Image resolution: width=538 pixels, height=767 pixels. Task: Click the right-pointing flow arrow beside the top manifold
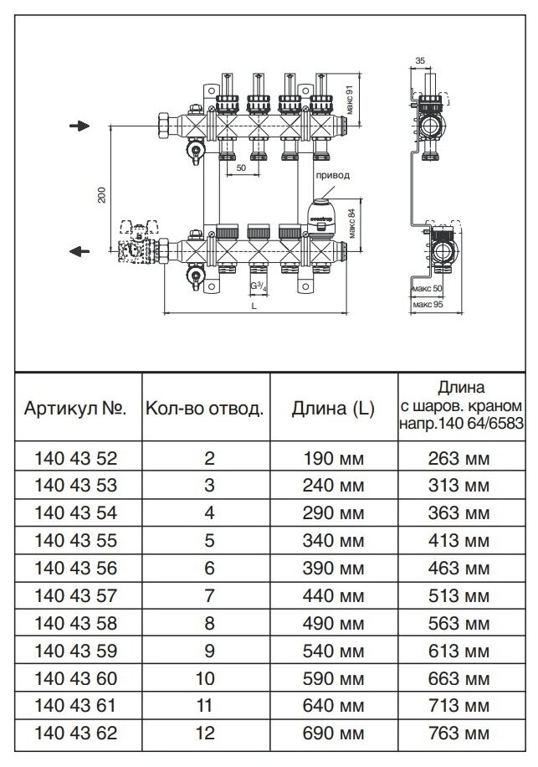click(x=78, y=126)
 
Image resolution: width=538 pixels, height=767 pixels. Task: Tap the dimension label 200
click(x=102, y=194)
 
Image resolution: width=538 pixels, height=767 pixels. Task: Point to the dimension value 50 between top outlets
click(x=241, y=167)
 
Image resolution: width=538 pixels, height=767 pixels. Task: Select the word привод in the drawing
click(x=332, y=176)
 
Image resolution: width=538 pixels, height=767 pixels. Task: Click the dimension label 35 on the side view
click(x=420, y=61)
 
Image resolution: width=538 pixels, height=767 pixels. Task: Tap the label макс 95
click(x=428, y=303)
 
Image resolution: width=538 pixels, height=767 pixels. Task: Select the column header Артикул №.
click(x=75, y=409)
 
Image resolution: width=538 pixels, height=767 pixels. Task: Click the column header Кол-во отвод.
click(x=204, y=409)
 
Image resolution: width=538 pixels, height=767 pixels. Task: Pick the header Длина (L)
click(x=332, y=409)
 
